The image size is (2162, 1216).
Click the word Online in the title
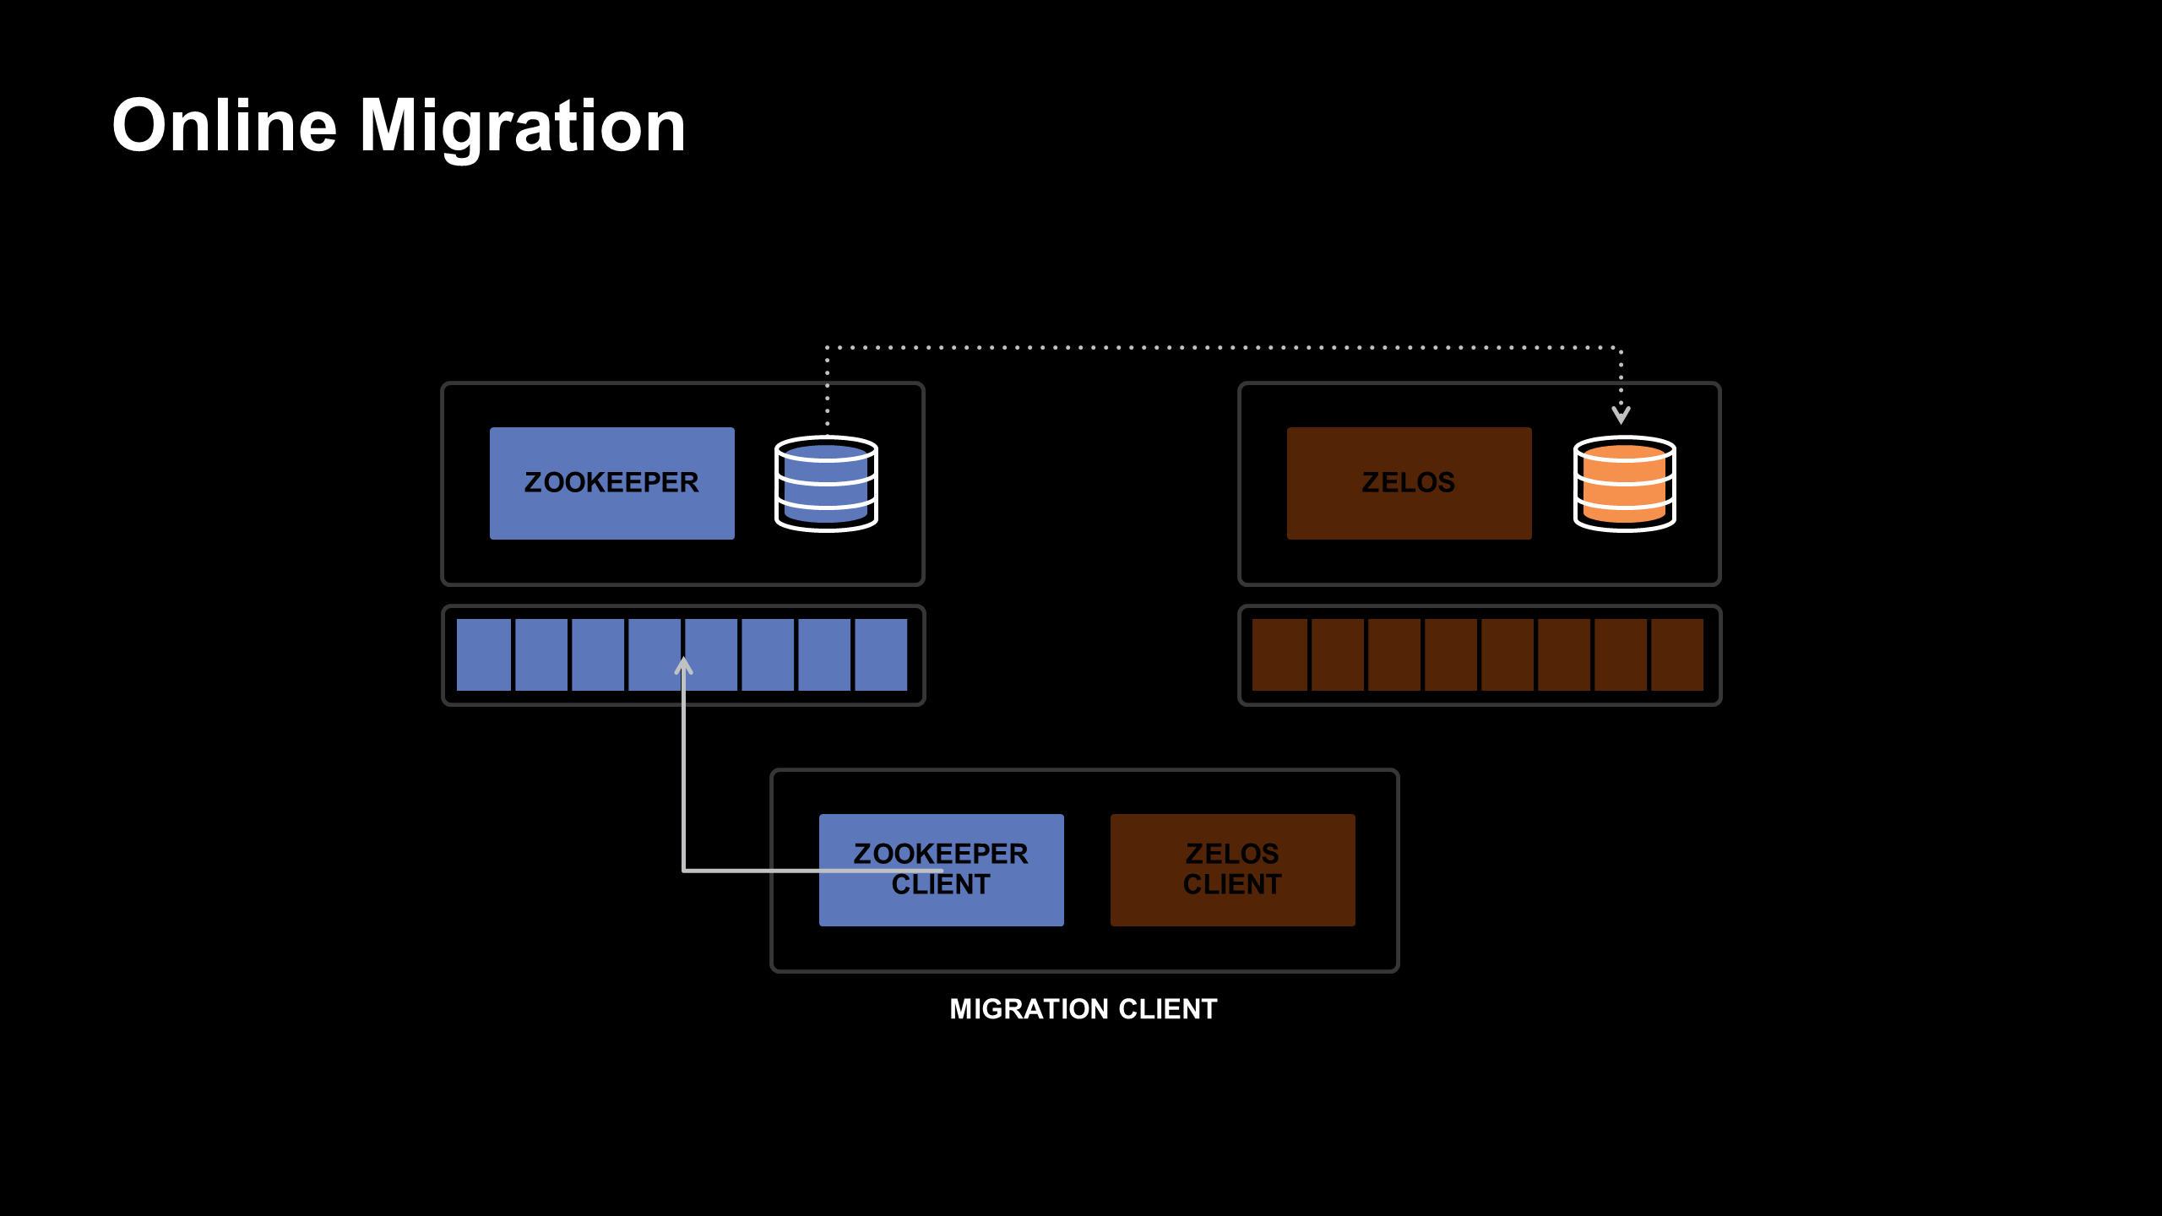[x=225, y=127]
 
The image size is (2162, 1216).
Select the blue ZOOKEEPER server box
[x=611, y=483]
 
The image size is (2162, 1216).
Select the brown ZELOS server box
[x=1408, y=483]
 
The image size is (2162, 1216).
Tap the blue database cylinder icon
[x=826, y=484]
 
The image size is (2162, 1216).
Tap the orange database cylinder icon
[x=1623, y=484]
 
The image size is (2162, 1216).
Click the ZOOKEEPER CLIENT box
[x=941, y=870]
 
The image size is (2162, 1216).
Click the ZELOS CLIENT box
[x=1232, y=870]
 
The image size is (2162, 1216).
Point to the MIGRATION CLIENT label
[x=1083, y=1009]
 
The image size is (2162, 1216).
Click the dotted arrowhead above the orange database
[x=1621, y=415]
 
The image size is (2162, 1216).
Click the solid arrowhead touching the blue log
[x=684, y=667]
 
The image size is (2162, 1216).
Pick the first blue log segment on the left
[x=484, y=654]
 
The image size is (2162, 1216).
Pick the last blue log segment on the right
[x=881, y=654]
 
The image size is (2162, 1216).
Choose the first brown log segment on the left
[x=1279, y=654]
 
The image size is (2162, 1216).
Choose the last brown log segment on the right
[x=1677, y=654]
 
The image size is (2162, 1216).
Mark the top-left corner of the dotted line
[x=827, y=347]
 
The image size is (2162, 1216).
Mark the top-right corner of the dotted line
[x=1620, y=347]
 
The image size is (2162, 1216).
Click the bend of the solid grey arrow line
[x=684, y=870]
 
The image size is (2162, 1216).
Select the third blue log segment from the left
[x=597, y=654]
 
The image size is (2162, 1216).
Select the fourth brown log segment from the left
[x=1450, y=654]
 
